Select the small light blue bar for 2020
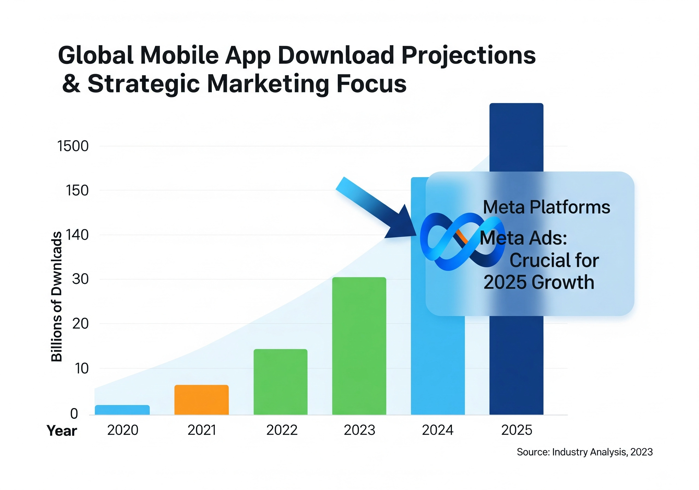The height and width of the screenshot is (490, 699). [122, 410]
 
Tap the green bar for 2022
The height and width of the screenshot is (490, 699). [280, 382]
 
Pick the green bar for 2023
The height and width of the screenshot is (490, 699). [359, 346]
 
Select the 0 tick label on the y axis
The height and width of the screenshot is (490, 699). [74, 414]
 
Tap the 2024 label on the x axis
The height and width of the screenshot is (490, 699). [437, 430]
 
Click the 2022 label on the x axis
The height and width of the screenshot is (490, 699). [282, 430]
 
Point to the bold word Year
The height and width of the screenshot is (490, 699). [62, 431]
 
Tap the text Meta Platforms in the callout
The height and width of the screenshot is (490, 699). [546, 207]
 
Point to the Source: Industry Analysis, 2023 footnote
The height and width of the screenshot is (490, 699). [585, 452]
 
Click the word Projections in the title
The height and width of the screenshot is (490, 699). [469, 56]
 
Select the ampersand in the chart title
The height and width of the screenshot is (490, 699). [71, 84]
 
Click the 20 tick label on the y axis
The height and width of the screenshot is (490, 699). [80, 324]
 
